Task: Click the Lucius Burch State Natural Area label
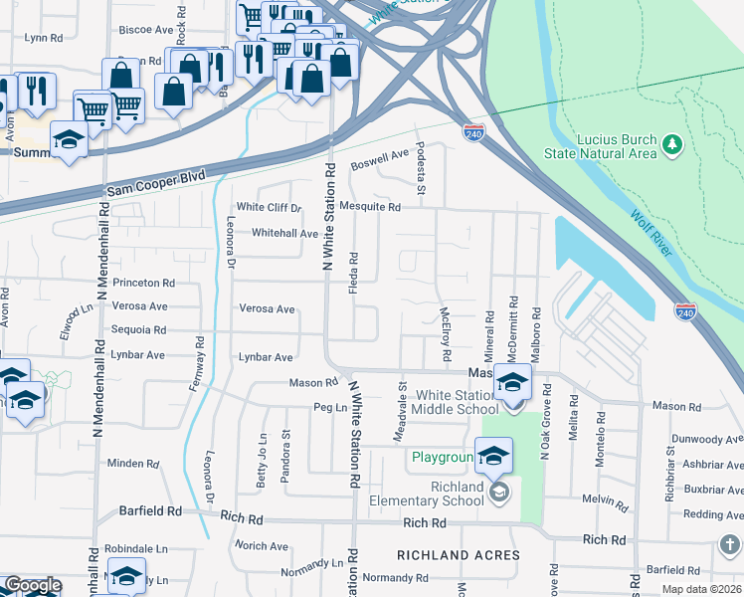pyautogui.click(x=600, y=146)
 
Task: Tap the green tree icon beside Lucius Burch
pyautogui.click(x=672, y=146)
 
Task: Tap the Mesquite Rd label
pyautogui.click(x=369, y=208)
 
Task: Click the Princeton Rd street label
pyautogui.click(x=143, y=283)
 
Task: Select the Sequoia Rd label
pyautogui.click(x=138, y=330)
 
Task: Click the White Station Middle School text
pyautogui.click(x=457, y=403)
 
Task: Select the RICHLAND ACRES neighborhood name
pyautogui.click(x=459, y=555)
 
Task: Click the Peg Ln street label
pyautogui.click(x=328, y=408)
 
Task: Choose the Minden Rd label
pyautogui.click(x=126, y=464)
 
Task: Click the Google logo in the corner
pyautogui.click(x=32, y=585)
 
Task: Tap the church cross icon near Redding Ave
pyautogui.click(x=730, y=545)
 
